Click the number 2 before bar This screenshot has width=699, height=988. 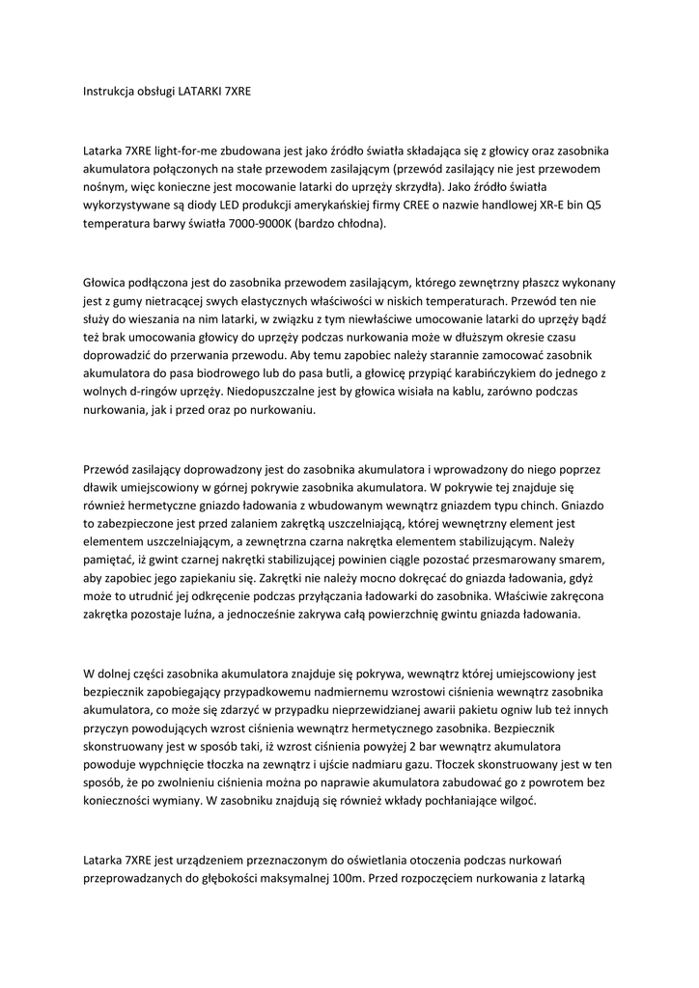pos(412,748)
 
